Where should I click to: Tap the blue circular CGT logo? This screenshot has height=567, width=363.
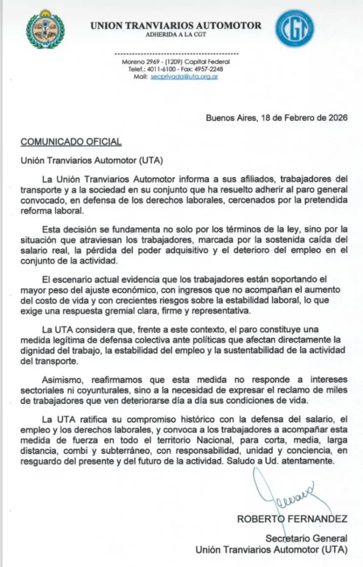[295, 28]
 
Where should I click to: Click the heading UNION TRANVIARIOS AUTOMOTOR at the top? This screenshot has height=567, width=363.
[176, 26]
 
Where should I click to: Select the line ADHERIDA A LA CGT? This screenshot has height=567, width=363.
[176, 35]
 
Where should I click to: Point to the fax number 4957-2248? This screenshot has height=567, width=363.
[209, 69]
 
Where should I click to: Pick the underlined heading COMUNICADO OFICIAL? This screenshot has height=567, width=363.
[71, 141]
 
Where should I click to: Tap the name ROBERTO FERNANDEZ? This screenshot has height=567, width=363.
[292, 519]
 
